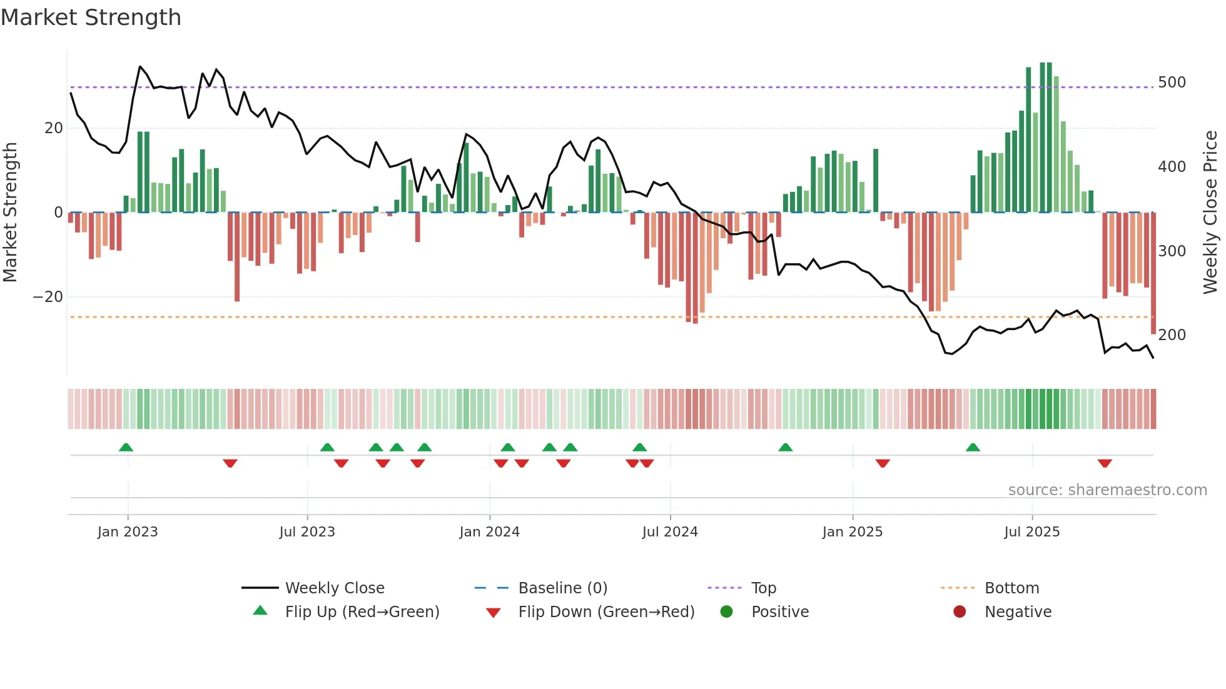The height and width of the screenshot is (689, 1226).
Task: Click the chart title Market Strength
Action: point(91,18)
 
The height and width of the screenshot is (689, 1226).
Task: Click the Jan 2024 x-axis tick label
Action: point(489,532)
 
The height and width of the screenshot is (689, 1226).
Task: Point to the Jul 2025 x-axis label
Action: point(1031,532)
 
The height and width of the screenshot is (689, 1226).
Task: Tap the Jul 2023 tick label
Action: point(307,532)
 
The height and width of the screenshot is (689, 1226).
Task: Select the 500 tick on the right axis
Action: point(1172,83)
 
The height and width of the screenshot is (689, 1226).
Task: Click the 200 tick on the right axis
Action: point(1172,335)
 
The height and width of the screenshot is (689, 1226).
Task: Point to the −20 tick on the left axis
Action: point(48,297)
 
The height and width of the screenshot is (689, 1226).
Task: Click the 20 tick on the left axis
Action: point(54,128)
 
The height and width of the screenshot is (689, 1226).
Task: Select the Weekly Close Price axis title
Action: point(1210,213)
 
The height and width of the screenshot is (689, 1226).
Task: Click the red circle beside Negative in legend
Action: point(960,612)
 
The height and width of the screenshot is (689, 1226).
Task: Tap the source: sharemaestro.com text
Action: point(1107,490)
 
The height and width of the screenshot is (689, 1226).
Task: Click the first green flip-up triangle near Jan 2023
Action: point(126,448)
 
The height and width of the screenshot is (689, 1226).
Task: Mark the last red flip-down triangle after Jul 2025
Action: point(1105,463)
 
